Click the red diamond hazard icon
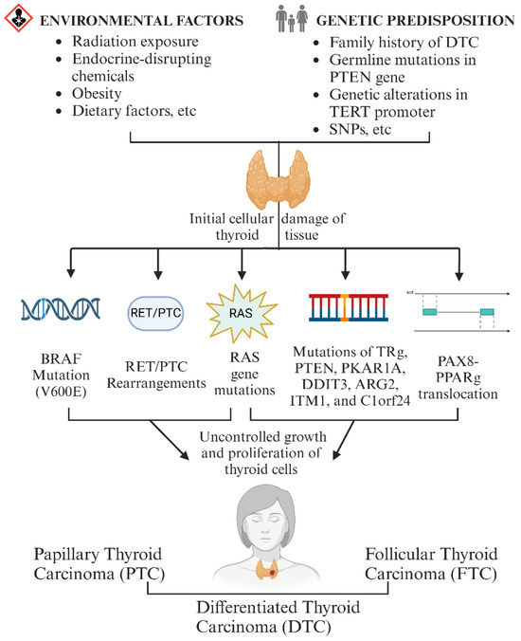click(x=18, y=18)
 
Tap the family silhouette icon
click(x=292, y=18)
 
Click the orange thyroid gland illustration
click(x=278, y=180)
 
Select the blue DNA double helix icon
click(x=61, y=309)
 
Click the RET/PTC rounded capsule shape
click(x=155, y=313)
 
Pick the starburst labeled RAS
click(x=242, y=314)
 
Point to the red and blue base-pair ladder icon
click(x=349, y=307)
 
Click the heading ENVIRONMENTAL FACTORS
click(x=142, y=21)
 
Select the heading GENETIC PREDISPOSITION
click(x=415, y=21)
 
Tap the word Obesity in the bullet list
click(x=97, y=94)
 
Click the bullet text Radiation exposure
click(x=135, y=42)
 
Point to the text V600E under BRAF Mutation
click(x=61, y=392)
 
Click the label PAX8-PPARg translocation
click(x=458, y=377)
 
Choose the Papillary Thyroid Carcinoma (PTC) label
click(x=99, y=564)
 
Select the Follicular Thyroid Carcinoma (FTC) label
click(x=431, y=564)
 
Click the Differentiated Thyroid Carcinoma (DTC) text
click(x=278, y=617)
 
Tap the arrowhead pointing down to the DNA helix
click(x=71, y=273)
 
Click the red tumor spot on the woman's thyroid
click(x=273, y=574)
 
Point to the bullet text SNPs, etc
click(x=360, y=130)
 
